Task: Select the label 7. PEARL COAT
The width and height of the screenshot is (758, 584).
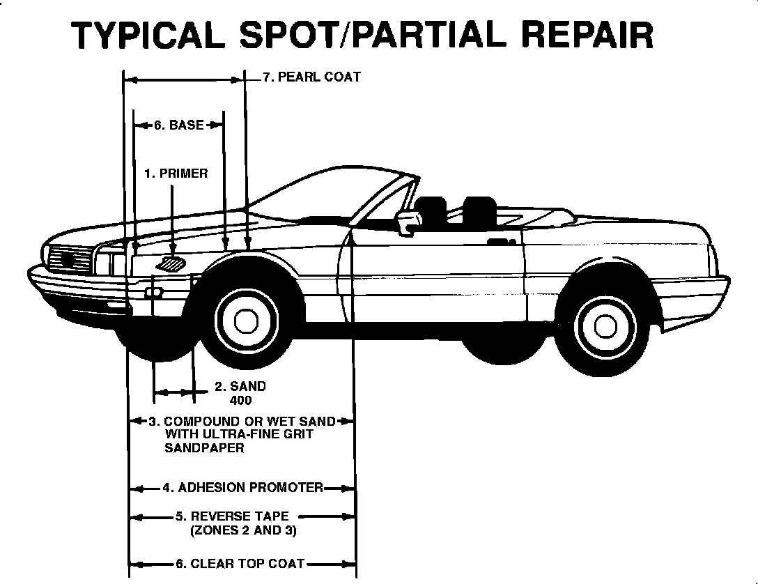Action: [311, 77]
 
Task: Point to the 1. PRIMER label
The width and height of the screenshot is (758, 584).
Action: [176, 173]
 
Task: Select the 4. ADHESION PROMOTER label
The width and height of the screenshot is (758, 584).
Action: [243, 487]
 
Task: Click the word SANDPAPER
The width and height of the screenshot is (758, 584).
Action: [204, 448]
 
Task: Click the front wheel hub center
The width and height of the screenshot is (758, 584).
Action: [245, 321]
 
